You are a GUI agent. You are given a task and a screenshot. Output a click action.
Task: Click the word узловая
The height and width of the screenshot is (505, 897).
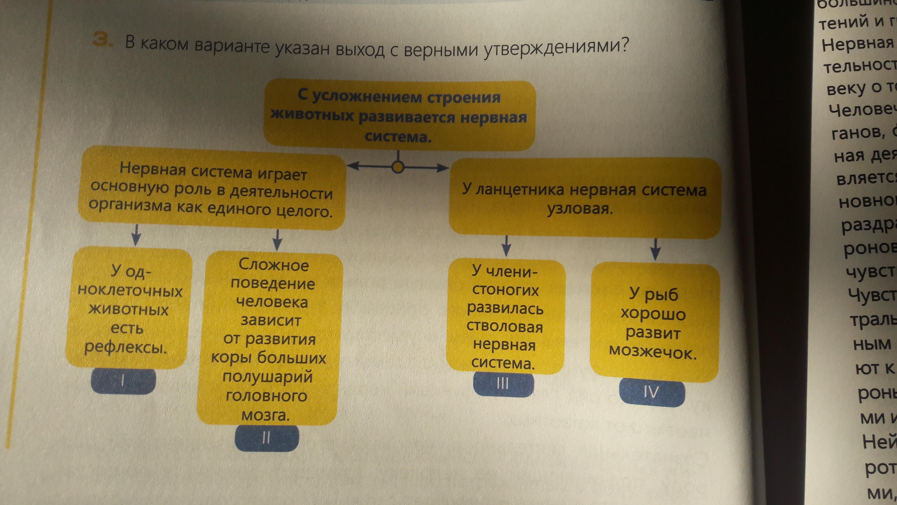[580, 209]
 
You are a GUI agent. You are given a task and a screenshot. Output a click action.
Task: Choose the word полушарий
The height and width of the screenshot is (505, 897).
[267, 377]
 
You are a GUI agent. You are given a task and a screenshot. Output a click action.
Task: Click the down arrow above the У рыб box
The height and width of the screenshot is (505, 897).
[656, 249]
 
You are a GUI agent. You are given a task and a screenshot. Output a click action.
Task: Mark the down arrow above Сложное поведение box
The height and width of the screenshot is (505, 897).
[277, 240]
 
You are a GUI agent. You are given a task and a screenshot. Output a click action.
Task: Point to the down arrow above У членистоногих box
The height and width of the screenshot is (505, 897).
[507, 246]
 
